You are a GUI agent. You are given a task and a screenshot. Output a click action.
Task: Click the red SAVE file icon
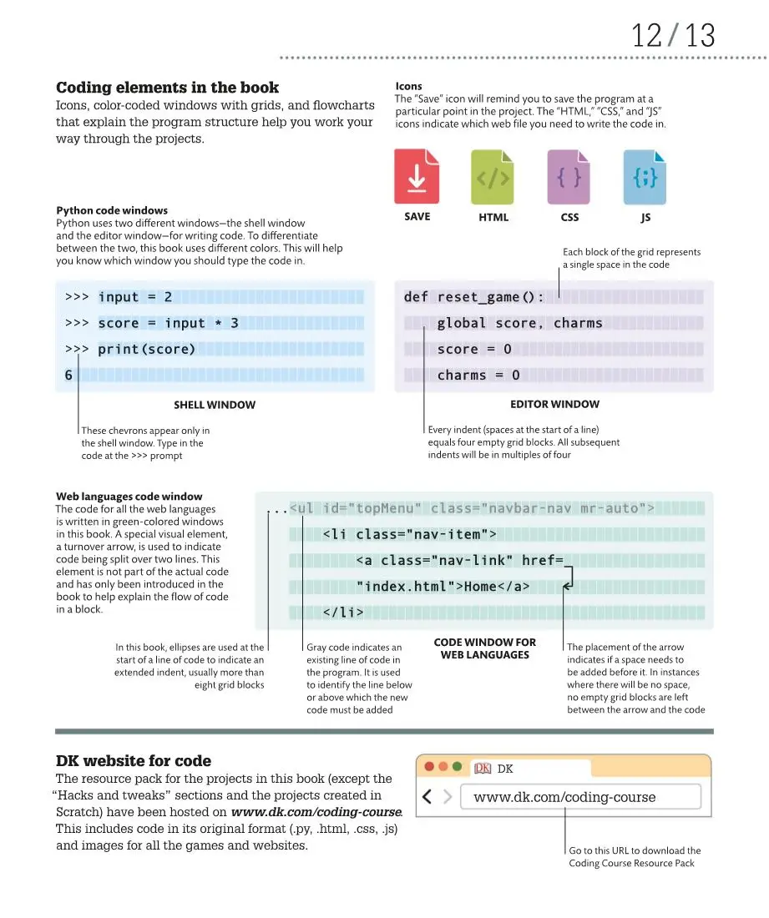click(417, 176)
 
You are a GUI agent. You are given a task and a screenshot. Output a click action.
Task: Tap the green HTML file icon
click(493, 177)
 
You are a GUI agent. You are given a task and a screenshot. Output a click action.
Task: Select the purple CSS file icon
click(569, 177)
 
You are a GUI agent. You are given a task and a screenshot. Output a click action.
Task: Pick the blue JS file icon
click(645, 177)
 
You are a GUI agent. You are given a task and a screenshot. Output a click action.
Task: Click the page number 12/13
click(673, 36)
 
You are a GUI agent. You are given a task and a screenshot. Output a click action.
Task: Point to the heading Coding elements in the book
click(167, 88)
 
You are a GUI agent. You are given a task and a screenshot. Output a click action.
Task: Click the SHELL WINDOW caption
click(215, 405)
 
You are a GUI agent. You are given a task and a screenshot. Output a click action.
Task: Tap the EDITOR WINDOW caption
click(554, 404)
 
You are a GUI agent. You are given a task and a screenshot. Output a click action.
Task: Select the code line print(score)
click(146, 349)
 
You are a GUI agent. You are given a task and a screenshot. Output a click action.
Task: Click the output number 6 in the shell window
click(68, 376)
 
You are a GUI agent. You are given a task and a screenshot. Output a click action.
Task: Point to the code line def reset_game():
click(473, 297)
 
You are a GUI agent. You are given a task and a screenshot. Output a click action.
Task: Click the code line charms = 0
click(478, 376)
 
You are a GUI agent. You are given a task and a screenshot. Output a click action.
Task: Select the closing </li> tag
click(343, 613)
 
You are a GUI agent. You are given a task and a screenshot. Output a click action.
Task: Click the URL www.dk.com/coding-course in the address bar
click(564, 797)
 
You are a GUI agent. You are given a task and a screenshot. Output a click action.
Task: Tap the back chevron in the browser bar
click(428, 797)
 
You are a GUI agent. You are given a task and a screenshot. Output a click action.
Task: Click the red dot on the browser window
click(429, 766)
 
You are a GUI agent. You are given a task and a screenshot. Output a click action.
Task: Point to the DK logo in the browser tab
click(483, 769)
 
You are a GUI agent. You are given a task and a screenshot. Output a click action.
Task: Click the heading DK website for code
click(134, 761)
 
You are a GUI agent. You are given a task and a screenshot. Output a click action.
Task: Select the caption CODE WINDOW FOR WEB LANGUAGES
click(485, 648)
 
